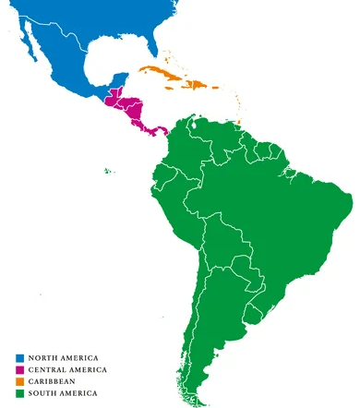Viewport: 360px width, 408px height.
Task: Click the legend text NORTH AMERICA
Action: pyautogui.click(x=63, y=357)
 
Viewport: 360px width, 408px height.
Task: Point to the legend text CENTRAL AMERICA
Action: pyautogui.click(x=67, y=369)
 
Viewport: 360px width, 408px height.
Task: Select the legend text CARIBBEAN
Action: pyautogui.click(x=52, y=381)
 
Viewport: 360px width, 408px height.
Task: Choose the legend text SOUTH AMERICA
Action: pyautogui.click(x=63, y=393)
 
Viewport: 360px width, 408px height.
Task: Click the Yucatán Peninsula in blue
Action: pyautogui.click(x=117, y=78)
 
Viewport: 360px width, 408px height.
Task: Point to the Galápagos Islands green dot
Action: pyautogui.click(x=107, y=169)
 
